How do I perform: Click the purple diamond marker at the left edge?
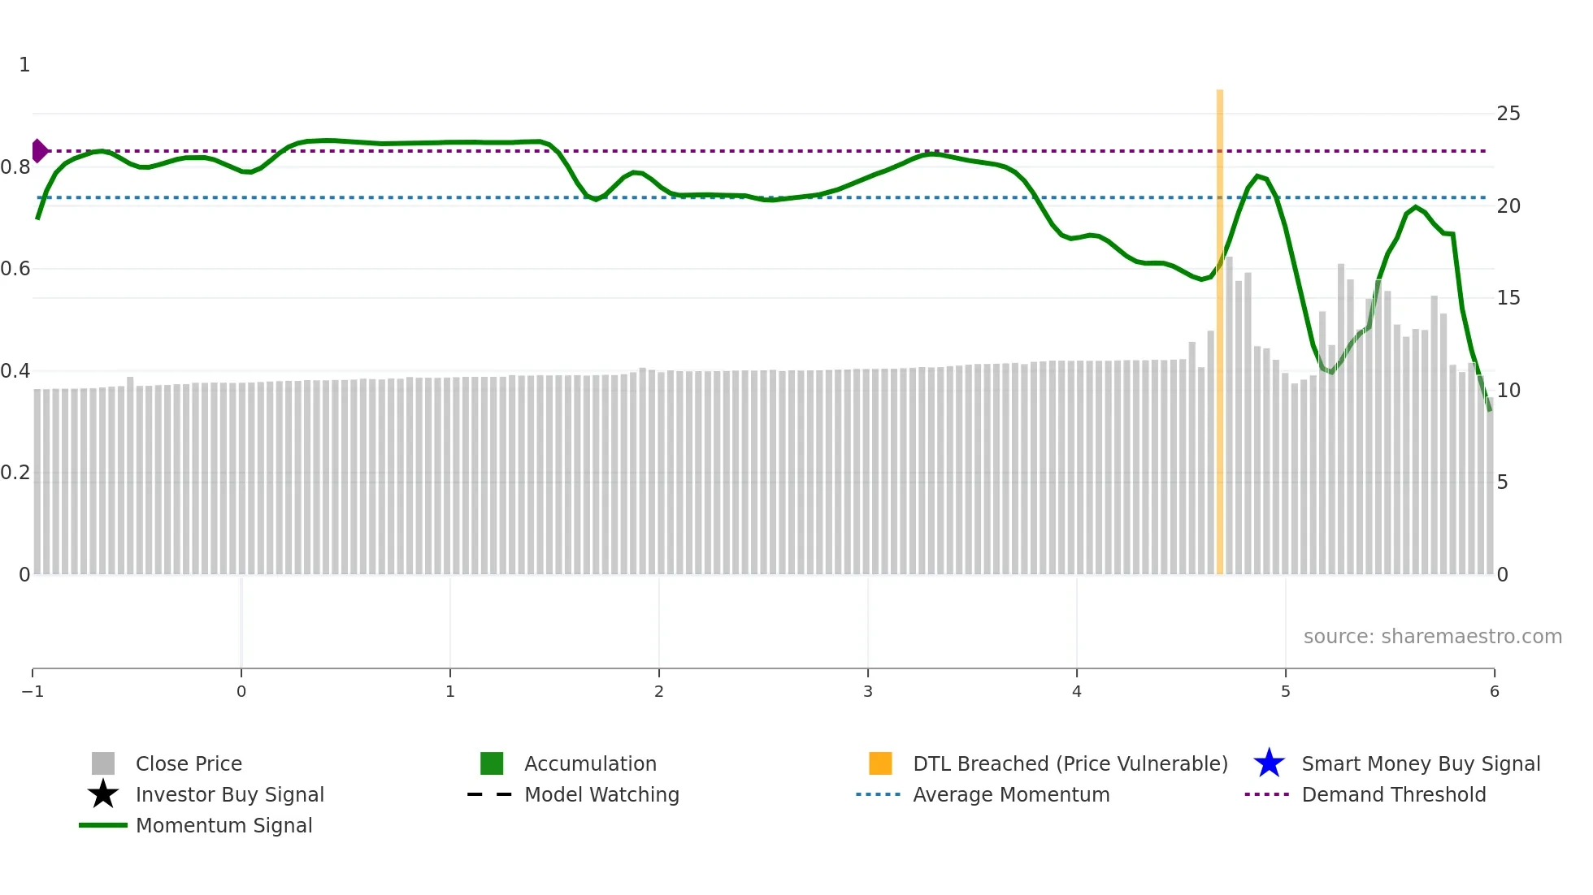point(39,151)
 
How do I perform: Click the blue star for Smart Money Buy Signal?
point(1269,763)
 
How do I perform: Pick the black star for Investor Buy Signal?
point(103,794)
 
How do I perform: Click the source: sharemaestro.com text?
point(1432,636)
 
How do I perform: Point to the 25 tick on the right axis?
point(1508,114)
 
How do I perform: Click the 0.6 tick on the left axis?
point(15,269)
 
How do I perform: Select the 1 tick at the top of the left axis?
point(24,65)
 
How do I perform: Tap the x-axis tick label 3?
point(868,691)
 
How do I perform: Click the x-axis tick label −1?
point(33,691)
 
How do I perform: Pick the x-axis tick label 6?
point(1494,691)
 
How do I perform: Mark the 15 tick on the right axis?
point(1508,298)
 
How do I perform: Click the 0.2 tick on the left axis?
point(15,473)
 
